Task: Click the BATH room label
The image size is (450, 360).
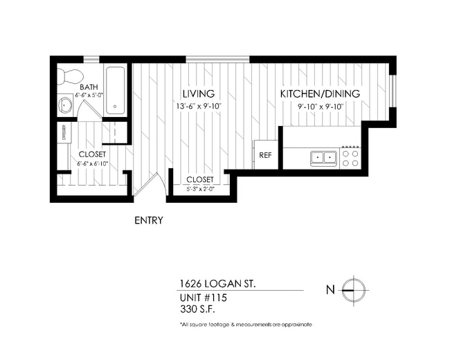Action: (88, 87)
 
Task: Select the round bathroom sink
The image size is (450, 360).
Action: (64, 105)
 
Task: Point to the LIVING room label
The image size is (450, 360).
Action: (198, 93)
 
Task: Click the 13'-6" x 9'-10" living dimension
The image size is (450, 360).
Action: (198, 106)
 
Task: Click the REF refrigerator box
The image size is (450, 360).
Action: (265, 155)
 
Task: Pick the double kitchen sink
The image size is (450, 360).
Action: (322, 158)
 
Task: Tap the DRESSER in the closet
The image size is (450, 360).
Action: (63, 132)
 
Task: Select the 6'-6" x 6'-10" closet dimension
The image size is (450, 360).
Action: (91, 164)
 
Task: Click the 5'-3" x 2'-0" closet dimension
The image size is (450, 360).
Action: (200, 188)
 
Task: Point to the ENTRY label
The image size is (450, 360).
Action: (148, 221)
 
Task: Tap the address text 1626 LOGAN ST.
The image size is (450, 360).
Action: (215, 283)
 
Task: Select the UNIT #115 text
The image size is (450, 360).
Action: (203, 297)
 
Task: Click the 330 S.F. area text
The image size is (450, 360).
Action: (197, 309)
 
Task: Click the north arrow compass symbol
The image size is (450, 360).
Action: (353, 289)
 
